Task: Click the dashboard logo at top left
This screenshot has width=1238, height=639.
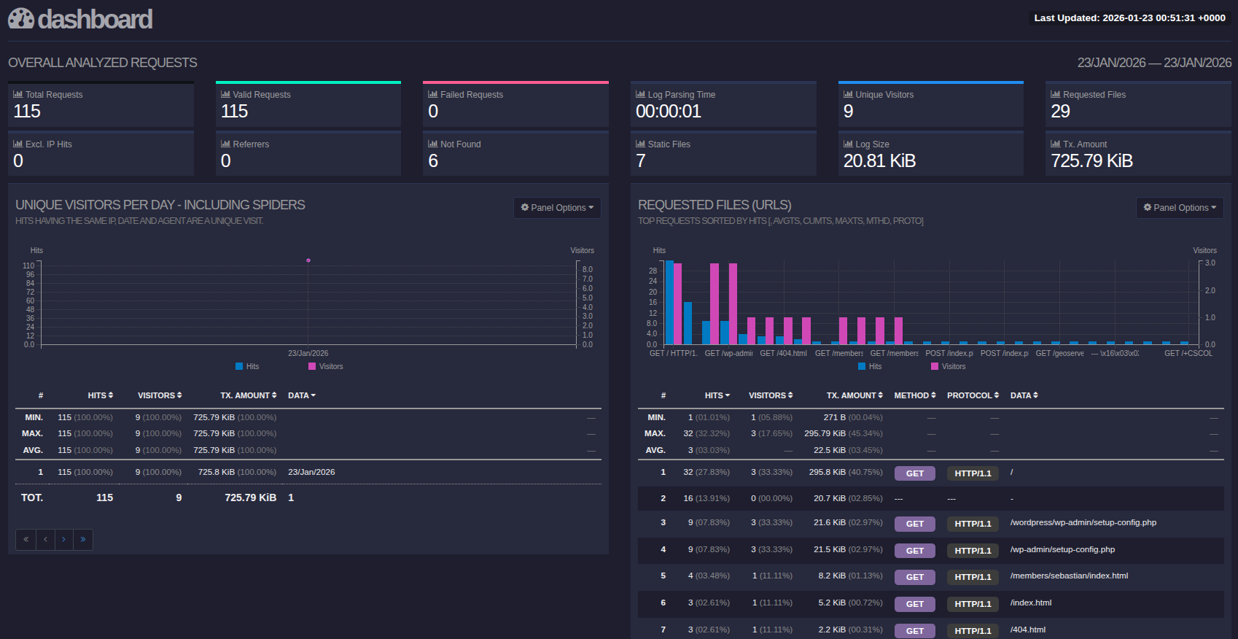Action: pos(80,19)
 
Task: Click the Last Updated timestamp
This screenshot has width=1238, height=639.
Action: pos(1129,18)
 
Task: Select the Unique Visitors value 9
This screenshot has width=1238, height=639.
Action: pos(848,112)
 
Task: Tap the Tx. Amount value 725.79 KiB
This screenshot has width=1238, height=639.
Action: pos(1091,161)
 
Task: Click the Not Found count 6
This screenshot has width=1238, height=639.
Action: pos(433,161)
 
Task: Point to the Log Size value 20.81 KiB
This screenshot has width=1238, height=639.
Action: pos(879,161)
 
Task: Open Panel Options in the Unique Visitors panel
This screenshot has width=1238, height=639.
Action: pos(557,208)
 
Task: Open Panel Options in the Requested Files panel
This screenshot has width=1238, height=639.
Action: pos(1179,208)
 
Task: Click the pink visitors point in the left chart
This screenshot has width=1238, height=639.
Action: pos(308,260)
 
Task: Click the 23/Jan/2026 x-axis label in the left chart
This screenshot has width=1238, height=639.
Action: pos(308,353)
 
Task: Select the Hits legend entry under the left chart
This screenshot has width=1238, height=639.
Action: pos(247,366)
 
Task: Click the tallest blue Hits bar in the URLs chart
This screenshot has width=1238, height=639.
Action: pos(669,303)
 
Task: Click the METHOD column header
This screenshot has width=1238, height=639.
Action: pos(914,395)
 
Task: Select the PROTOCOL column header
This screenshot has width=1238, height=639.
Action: pos(972,395)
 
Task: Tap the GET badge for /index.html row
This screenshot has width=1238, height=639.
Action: pos(914,604)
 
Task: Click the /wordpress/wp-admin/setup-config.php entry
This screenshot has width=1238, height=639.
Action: pos(1083,522)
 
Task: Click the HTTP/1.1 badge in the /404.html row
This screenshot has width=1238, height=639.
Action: pos(973,631)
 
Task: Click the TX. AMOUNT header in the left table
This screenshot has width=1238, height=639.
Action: pos(248,395)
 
